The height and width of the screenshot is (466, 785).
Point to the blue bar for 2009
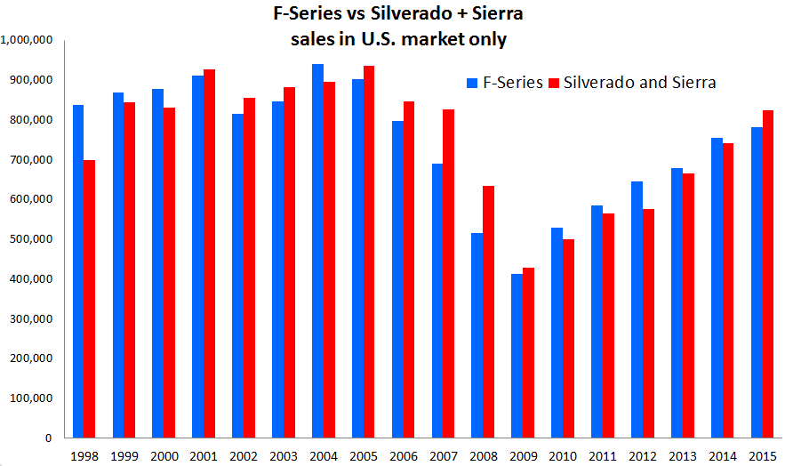click(517, 356)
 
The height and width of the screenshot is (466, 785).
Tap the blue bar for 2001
click(197, 257)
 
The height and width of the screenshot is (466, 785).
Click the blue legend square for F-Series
click(472, 84)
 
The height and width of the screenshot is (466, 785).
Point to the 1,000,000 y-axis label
click(28, 40)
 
